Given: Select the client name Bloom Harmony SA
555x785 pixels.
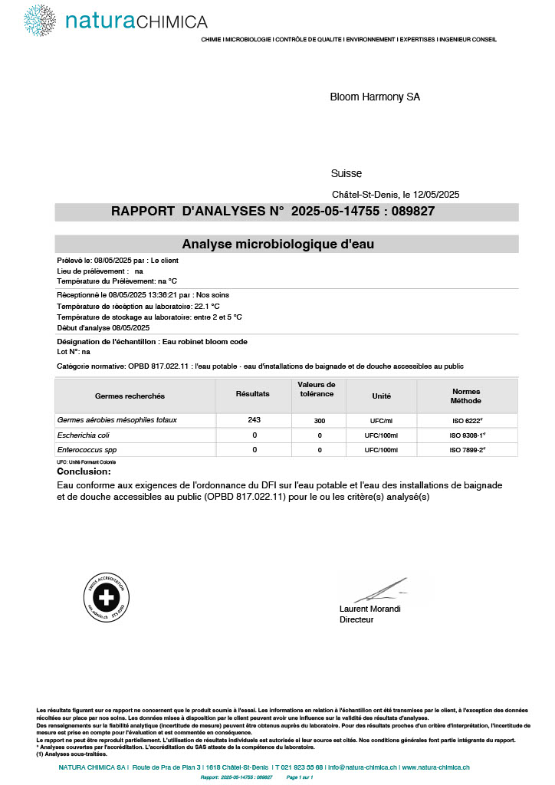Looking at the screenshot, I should coord(375,97).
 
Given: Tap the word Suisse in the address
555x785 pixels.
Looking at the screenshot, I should coord(346,173).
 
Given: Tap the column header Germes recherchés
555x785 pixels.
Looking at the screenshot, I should coord(130,396).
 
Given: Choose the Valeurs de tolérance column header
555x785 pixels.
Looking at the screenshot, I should coord(316,389).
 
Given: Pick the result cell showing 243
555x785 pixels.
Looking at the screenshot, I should coord(255,420).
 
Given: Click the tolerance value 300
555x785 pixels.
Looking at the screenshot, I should coord(320,421).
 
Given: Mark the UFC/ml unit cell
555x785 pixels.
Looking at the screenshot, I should coord(381,421).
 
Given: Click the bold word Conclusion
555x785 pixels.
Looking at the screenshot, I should coord(84,471).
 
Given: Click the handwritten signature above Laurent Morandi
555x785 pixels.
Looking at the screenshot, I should coord(380,590).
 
